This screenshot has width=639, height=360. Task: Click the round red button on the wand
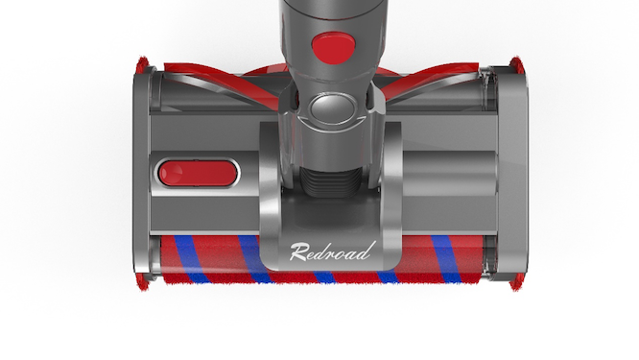(x=333, y=47)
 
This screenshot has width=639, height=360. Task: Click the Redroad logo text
(x=331, y=252)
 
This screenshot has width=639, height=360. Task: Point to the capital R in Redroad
(x=297, y=252)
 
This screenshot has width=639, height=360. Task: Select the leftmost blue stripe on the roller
(x=188, y=260)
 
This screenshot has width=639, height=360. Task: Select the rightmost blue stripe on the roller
(x=446, y=260)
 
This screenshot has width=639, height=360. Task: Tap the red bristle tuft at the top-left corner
(x=143, y=65)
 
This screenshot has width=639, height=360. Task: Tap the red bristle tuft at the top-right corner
(x=515, y=65)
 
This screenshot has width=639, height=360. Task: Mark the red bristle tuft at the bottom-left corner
(x=144, y=284)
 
